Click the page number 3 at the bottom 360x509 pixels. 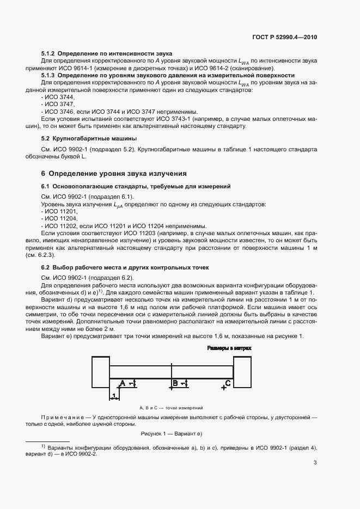(315, 463)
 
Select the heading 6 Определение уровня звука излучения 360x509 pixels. (114, 174)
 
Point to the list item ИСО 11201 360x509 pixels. (60, 211)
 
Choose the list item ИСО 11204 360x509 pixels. (60, 218)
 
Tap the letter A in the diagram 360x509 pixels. (123, 383)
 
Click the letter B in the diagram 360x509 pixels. (175, 383)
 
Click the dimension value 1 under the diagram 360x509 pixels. (114, 395)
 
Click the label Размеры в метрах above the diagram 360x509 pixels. (228, 347)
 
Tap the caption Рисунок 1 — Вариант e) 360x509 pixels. (172, 433)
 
